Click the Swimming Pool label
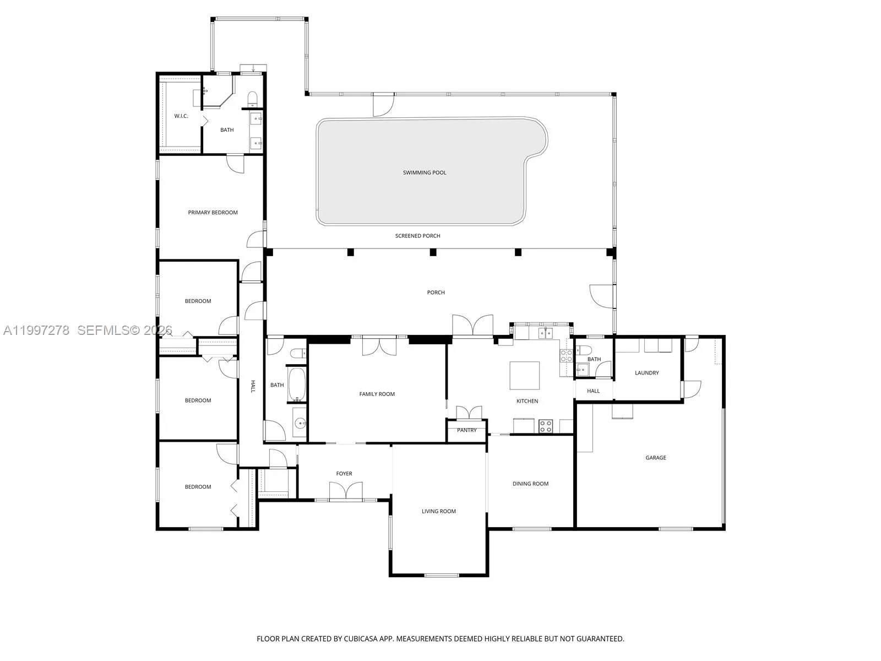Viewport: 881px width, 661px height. [425, 172]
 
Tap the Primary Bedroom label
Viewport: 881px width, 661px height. [213, 213]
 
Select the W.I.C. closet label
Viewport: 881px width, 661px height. [181, 116]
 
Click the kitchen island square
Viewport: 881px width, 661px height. [524, 376]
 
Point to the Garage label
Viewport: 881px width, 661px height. [656, 458]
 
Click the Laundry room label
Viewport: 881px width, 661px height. [646, 373]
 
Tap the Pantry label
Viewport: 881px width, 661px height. [467, 430]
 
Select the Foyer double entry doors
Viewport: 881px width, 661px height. [346, 491]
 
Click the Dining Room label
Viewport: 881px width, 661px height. [530, 484]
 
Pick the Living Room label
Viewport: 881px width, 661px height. [439, 511]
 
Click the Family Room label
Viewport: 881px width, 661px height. [377, 394]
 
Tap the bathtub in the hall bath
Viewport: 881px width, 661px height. [296, 384]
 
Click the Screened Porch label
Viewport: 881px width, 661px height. [417, 236]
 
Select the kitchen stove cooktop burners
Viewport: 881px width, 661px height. [546, 426]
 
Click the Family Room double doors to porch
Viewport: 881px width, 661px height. [379, 346]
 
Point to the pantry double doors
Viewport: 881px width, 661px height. [469, 413]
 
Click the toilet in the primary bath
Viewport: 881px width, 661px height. [252, 99]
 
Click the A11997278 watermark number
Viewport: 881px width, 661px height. [36, 330]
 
